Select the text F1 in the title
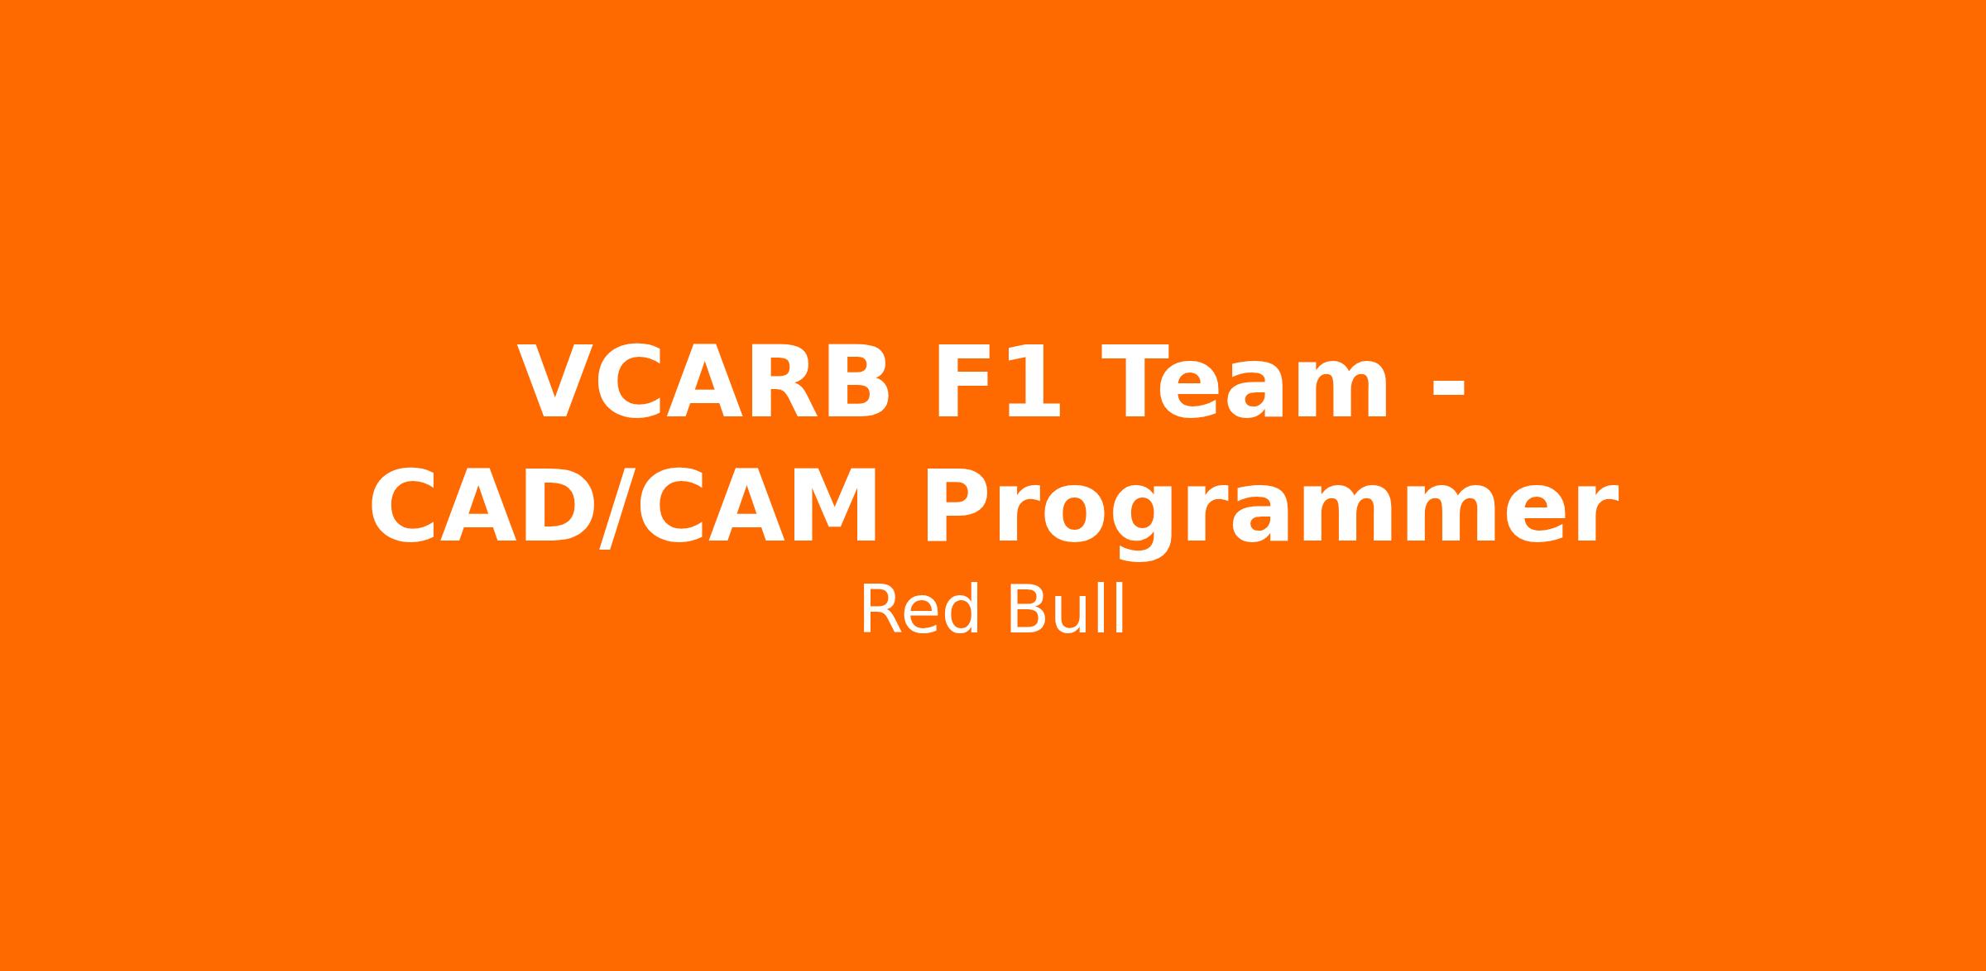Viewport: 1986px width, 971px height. point(996,382)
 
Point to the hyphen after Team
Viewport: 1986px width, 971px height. point(1448,388)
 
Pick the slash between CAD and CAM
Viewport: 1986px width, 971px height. point(617,507)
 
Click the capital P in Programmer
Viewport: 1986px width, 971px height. point(958,505)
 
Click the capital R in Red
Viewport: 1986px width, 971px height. point(881,609)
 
